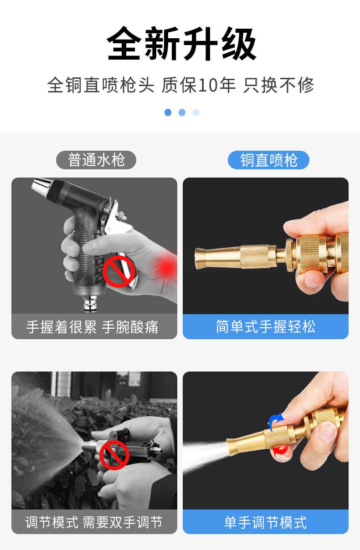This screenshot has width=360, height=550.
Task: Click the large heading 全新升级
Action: pyautogui.click(x=181, y=44)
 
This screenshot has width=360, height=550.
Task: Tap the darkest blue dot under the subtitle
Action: pyautogui.click(x=168, y=112)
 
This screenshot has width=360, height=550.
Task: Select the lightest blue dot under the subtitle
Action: pyautogui.click(x=195, y=112)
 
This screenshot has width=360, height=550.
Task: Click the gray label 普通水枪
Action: pyautogui.click(x=96, y=160)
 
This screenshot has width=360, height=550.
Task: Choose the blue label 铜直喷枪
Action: pyautogui.click(x=268, y=160)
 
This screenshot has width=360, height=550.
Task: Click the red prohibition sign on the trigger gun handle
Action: pyautogui.click(x=118, y=271)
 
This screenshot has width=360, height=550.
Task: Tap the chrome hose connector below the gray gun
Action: pyautogui.click(x=90, y=304)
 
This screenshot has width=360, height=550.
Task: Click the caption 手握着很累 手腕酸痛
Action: pyautogui.click(x=92, y=327)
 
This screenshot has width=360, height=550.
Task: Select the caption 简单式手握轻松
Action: pyautogui.click(x=266, y=326)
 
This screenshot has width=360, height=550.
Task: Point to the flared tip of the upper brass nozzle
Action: pyautogui.click(x=200, y=259)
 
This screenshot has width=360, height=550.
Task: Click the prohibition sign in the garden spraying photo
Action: pyautogui.click(x=114, y=455)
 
